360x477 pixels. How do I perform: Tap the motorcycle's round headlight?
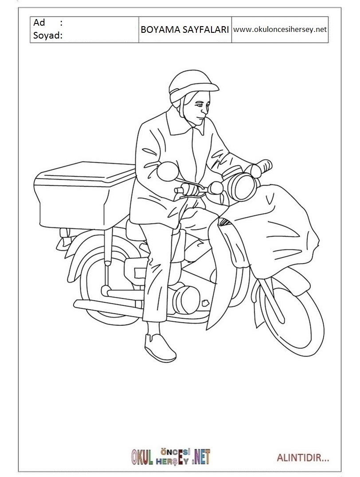click(x=242, y=186)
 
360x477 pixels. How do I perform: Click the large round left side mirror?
click(x=168, y=171)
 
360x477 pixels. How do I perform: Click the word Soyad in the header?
click(x=46, y=35)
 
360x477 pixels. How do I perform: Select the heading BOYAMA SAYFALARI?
click(x=185, y=30)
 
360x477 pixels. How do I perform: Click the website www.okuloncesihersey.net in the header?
click(x=280, y=30)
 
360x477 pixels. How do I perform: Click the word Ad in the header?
click(x=39, y=23)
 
